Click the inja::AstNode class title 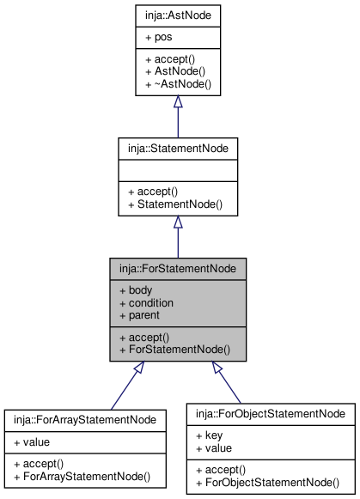[x=178, y=15]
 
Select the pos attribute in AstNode [x=158, y=37]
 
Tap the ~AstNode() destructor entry [x=178, y=84]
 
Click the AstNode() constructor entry [x=175, y=71]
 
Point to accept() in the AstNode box [x=170, y=59]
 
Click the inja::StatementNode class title [x=178, y=149]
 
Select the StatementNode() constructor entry [x=175, y=204]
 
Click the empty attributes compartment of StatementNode [x=178, y=171]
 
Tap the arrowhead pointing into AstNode [x=178, y=101]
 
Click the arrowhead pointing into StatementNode [x=178, y=222]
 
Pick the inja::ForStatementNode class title [x=178, y=269]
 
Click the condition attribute [x=146, y=303]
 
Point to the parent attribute [x=139, y=315]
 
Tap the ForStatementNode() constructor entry [x=174, y=350]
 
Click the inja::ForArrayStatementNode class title [x=85, y=420]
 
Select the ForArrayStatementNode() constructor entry [x=82, y=477]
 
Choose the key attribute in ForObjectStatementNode [x=209, y=435]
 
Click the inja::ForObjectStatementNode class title [x=271, y=414]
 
